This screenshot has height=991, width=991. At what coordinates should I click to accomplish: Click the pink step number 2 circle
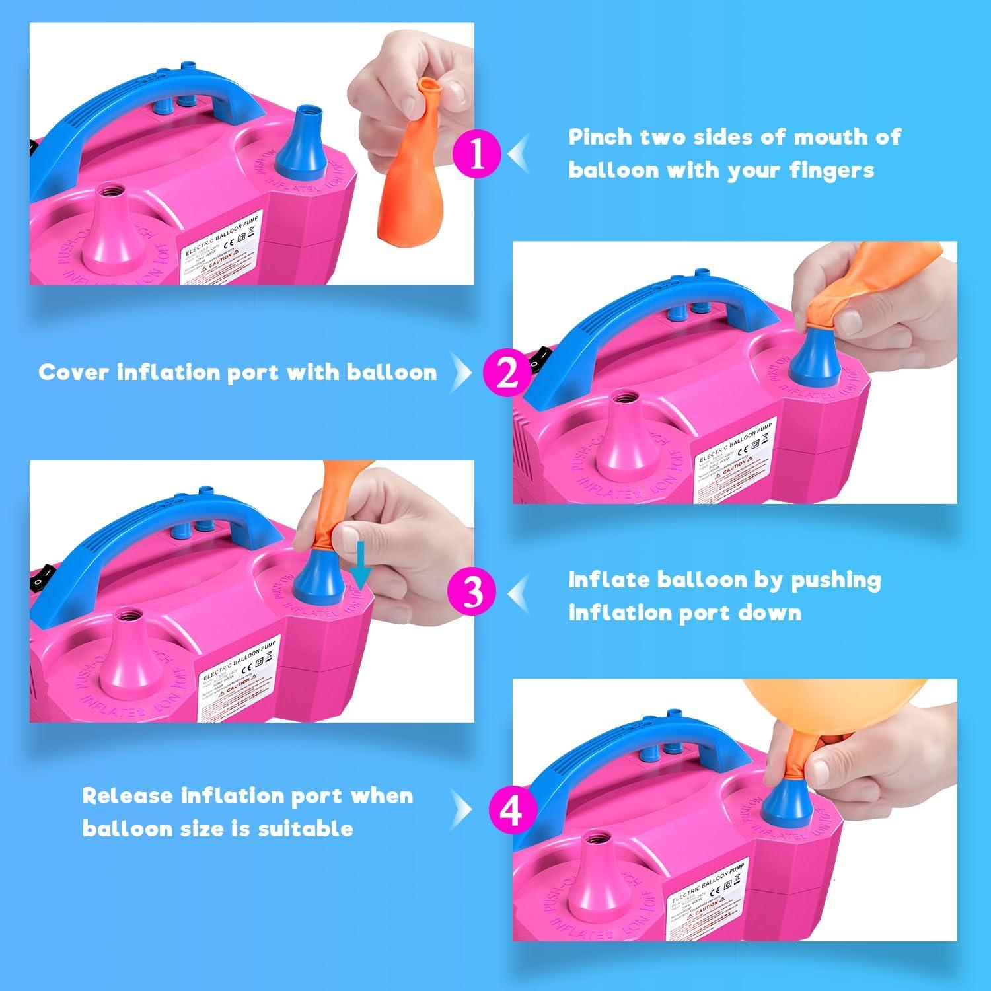pos(507,374)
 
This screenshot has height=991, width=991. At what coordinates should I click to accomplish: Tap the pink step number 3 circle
pos(471,592)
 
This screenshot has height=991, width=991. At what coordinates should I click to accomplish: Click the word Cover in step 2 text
pos(73,372)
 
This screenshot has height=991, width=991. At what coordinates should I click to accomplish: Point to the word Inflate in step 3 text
pos(608,579)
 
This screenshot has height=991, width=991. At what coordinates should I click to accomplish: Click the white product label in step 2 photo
pos(733,456)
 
